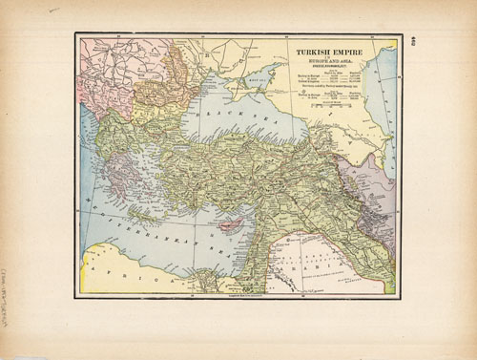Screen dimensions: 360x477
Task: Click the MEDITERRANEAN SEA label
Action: point(162,224)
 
